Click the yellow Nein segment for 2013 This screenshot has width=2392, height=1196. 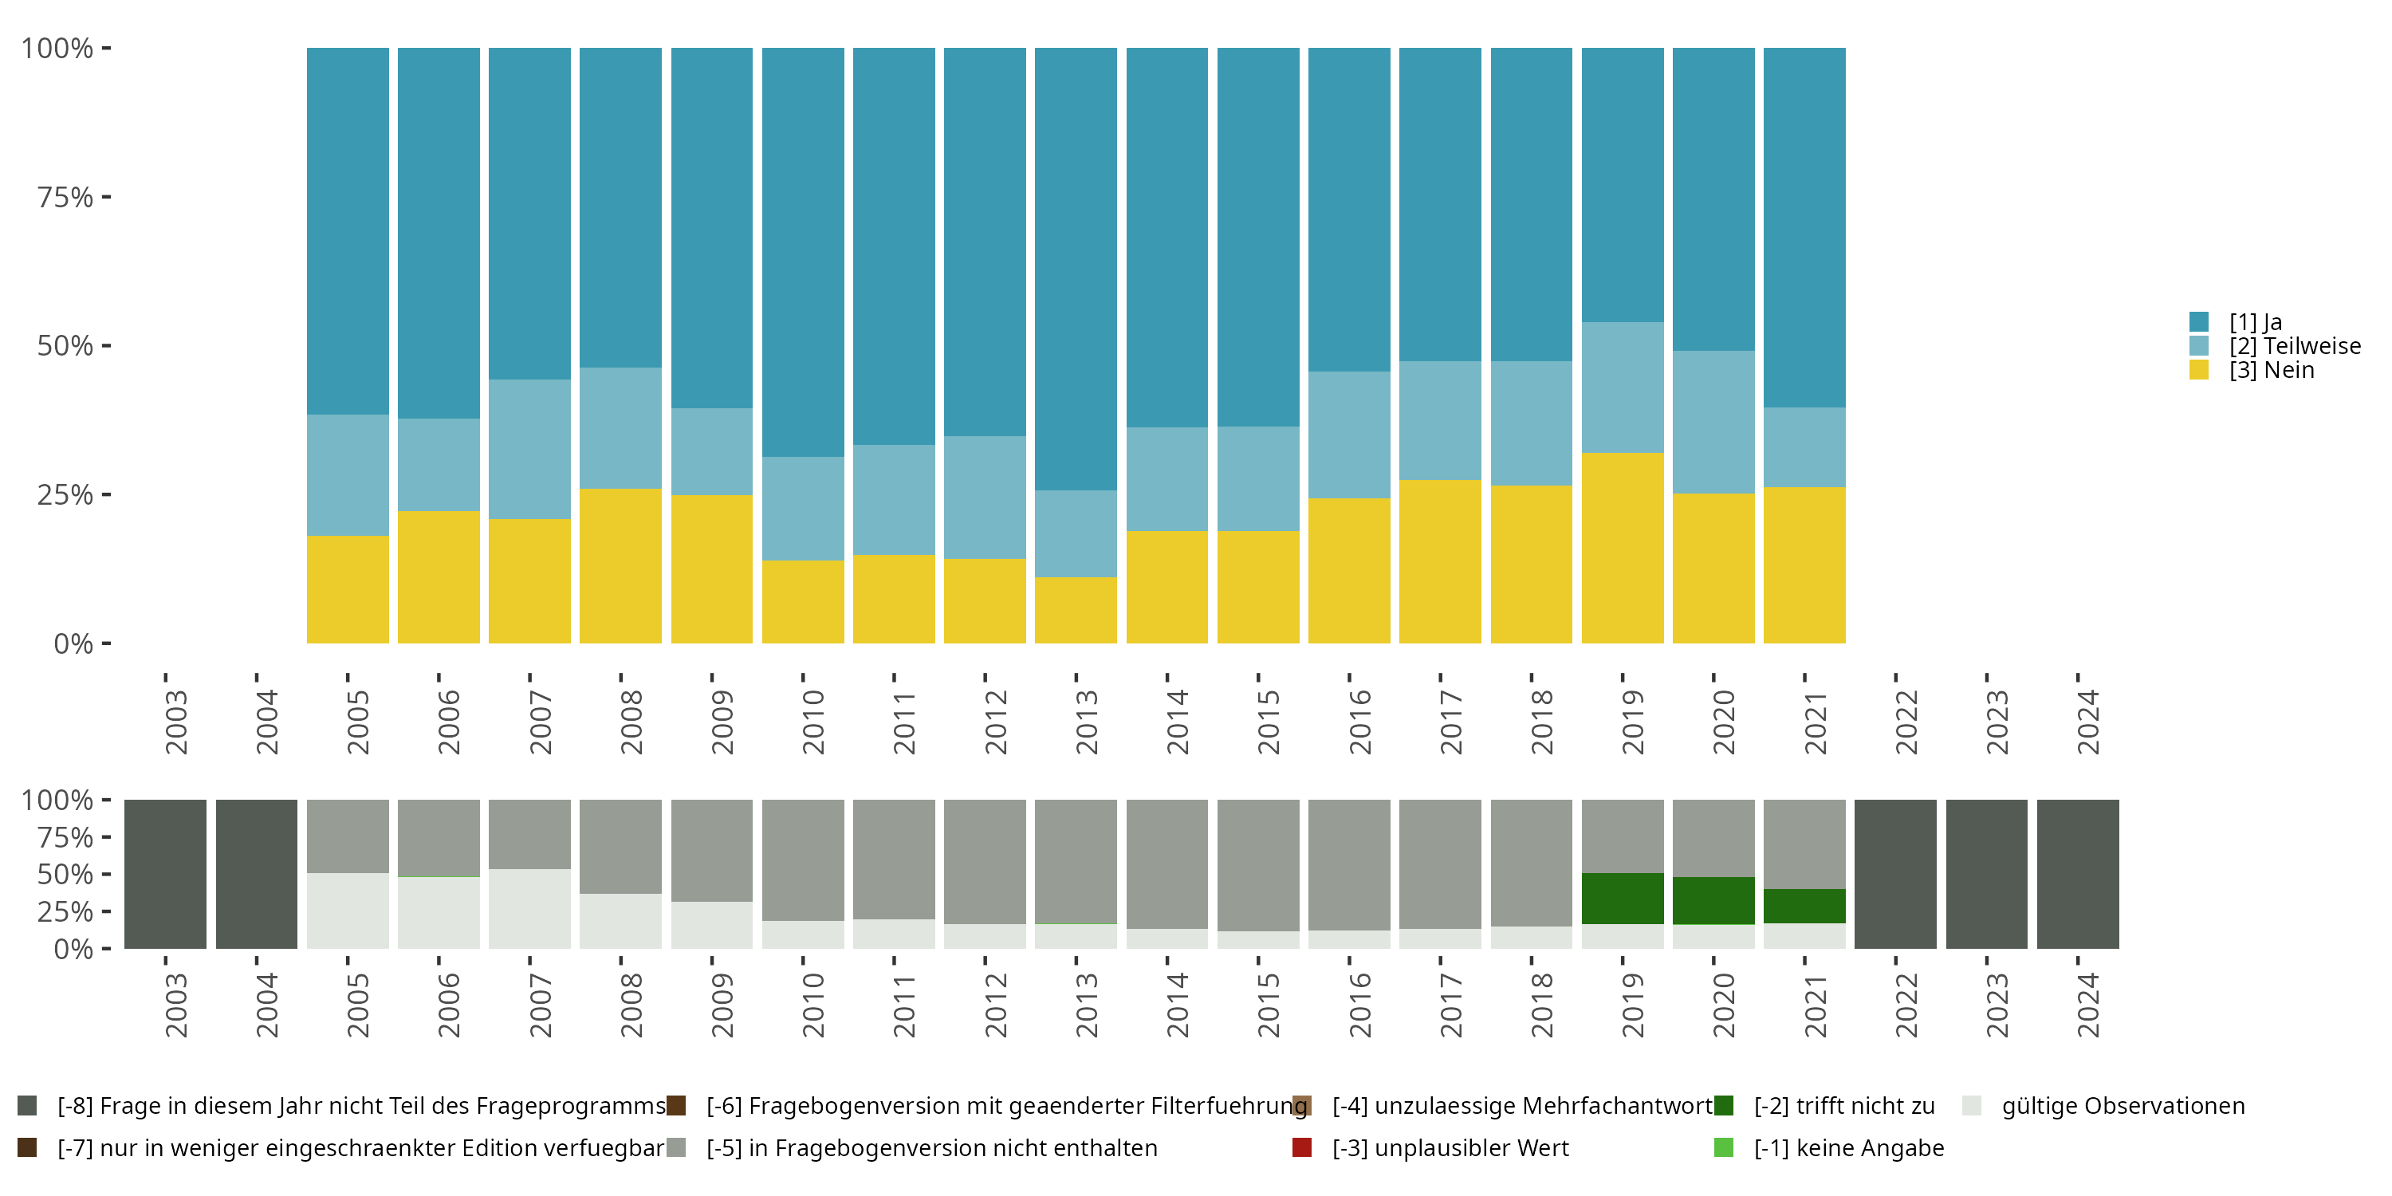[1076, 610]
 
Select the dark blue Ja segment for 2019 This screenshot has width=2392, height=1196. [1623, 185]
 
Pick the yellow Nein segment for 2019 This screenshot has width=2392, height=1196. [1623, 548]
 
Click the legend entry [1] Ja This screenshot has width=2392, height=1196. [2255, 322]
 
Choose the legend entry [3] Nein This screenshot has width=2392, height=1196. [2270, 370]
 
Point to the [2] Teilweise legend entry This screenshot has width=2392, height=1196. [2294, 345]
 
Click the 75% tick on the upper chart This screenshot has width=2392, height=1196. [65, 197]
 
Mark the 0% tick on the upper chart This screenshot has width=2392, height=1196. [73, 643]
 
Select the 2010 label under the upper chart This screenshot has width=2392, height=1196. [813, 722]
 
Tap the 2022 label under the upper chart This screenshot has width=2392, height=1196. [1906, 722]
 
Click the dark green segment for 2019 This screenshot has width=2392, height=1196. [1623, 898]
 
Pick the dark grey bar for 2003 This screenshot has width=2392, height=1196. [165, 874]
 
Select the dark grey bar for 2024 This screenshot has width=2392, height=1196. [2077, 874]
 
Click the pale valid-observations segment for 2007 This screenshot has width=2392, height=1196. [529, 908]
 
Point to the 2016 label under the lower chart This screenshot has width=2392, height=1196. [1359, 1005]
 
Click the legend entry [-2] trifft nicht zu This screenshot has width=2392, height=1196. [1843, 1106]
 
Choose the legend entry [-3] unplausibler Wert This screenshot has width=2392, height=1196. [1450, 1147]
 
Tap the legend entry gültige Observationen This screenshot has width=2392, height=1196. [2122, 1106]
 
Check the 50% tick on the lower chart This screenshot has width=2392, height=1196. [65, 874]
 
